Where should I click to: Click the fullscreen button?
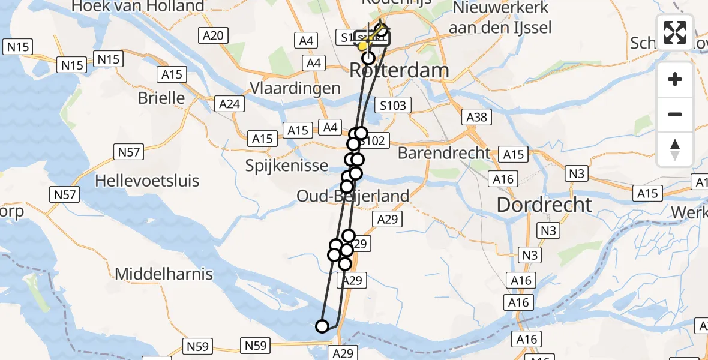[x=675, y=32]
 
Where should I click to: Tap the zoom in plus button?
[x=675, y=79]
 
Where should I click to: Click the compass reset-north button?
[x=675, y=149]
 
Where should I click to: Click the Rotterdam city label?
[x=399, y=71]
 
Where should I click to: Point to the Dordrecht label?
[x=544, y=205]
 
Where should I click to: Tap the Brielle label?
[x=161, y=98]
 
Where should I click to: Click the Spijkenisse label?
[x=287, y=166]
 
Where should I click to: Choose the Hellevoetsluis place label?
[x=147, y=181]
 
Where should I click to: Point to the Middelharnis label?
[x=164, y=274]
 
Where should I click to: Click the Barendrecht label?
[x=444, y=153]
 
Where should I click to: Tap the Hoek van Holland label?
[x=137, y=7]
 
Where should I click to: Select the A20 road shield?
[x=213, y=35]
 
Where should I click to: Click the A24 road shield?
[x=229, y=104]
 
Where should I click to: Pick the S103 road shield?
[x=393, y=106]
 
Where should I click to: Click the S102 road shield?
[x=373, y=141]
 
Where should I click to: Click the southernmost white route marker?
[x=322, y=326]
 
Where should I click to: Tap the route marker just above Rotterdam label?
[x=368, y=58]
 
